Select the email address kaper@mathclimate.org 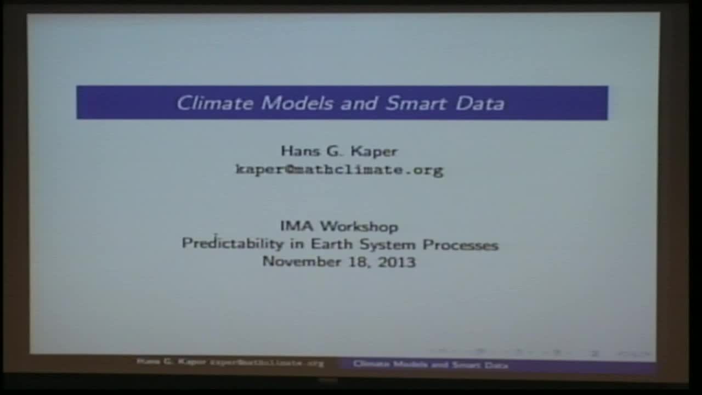pyautogui.click(x=339, y=170)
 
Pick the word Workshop pyautogui.click(x=359, y=226)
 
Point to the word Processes pyautogui.click(x=460, y=244)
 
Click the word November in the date pyautogui.click(x=296, y=262)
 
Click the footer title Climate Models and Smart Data pyautogui.click(x=431, y=364)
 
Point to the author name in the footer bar pyautogui.click(x=171, y=363)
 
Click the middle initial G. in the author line pyautogui.click(x=335, y=151)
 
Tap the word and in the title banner pyautogui.click(x=360, y=103)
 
